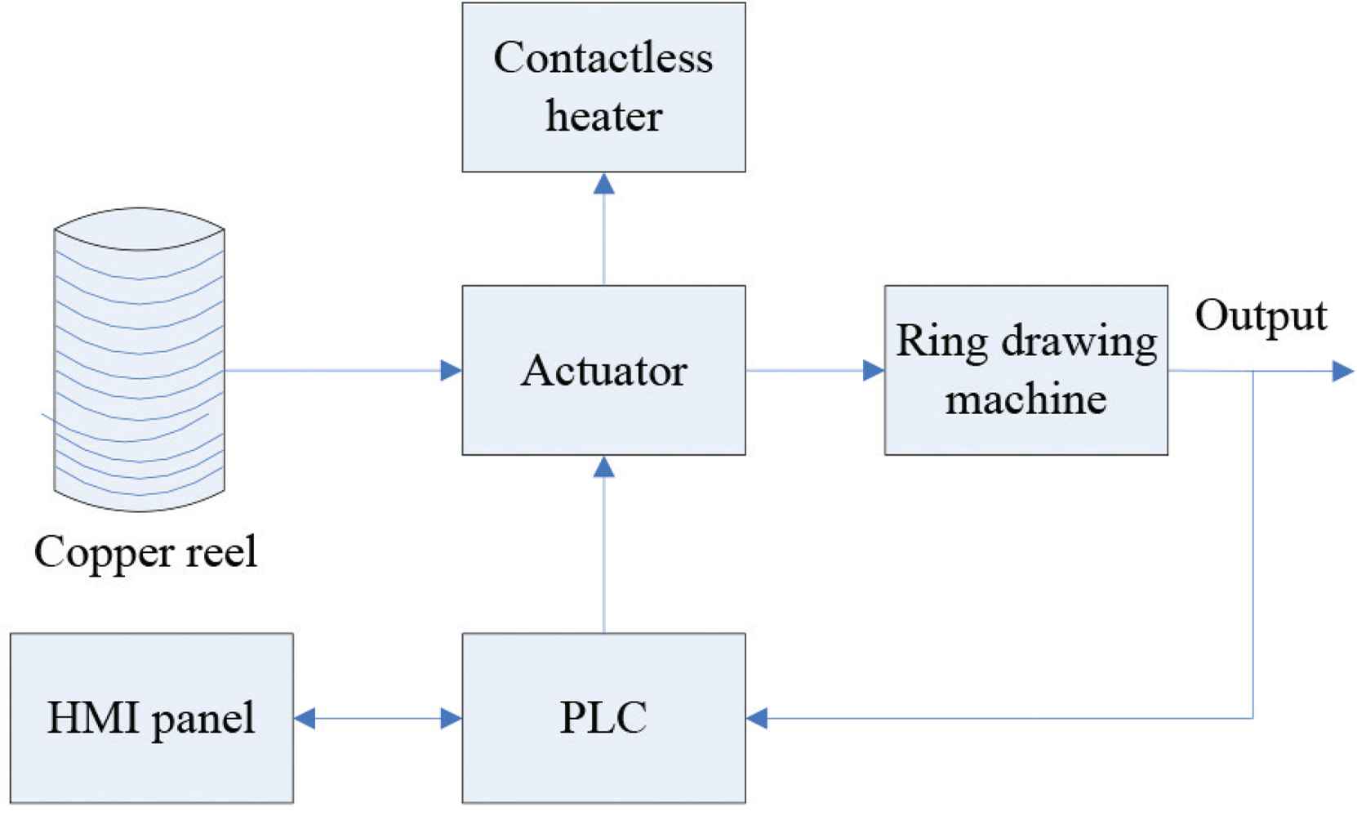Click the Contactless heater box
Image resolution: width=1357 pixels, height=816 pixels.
click(603, 87)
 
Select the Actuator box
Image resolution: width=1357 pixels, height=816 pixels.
click(603, 370)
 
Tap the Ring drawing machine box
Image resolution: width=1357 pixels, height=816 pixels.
click(1026, 370)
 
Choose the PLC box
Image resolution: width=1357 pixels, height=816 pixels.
click(603, 718)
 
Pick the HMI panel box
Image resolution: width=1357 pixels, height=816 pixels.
click(152, 718)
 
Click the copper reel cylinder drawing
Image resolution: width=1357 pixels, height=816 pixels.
click(140, 359)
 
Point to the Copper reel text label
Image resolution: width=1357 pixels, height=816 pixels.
click(145, 551)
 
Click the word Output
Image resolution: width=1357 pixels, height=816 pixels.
click(1261, 315)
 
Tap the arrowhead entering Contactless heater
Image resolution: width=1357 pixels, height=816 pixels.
click(604, 184)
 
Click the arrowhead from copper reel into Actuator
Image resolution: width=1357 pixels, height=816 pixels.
click(451, 371)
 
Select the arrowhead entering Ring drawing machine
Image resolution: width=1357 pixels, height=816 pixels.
click(874, 371)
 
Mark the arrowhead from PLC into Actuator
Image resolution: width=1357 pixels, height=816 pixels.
click(604, 467)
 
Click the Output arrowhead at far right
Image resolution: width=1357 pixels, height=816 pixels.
click(1342, 372)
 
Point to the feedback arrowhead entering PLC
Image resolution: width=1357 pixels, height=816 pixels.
click(758, 719)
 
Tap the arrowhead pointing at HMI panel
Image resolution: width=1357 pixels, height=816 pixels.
click(305, 719)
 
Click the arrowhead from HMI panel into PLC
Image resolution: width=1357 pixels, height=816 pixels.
click(451, 719)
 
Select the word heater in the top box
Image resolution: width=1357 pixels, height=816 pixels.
click(603, 116)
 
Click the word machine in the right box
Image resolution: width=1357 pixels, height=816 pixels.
click(1026, 399)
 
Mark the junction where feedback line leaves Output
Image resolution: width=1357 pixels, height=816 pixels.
click(1253, 372)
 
